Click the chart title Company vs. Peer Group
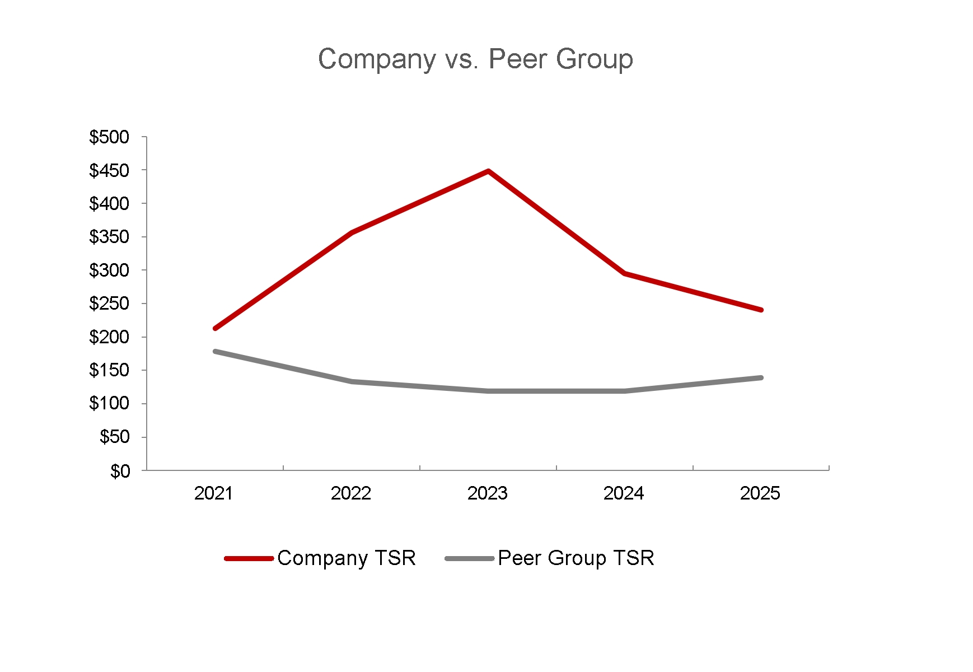[x=475, y=59]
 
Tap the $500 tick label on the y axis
[x=109, y=137]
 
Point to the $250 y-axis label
[x=109, y=304]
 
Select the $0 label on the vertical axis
[x=120, y=470]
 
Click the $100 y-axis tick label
[x=109, y=404]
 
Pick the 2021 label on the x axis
[x=213, y=493]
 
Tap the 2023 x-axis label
[x=487, y=493]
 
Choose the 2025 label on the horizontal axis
[x=760, y=493]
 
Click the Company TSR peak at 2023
[x=488, y=171]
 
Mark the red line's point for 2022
[x=352, y=232]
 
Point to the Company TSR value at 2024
[x=624, y=273]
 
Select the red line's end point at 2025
[x=761, y=310]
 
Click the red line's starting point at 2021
[x=215, y=328]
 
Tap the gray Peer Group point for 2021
[x=215, y=351]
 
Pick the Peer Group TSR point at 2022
[x=352, y=381]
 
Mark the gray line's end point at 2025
[x=761, y=378]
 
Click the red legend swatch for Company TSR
[x=249, y=558]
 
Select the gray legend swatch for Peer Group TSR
[x=469, y=558]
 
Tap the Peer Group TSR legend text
[x=576, y=558]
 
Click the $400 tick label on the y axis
[x=109, y=204]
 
